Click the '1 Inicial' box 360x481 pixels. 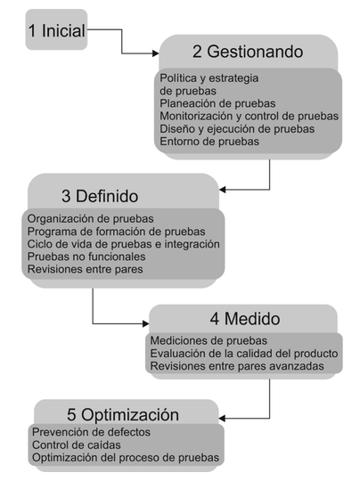pyautogui.click(x=56, y=29)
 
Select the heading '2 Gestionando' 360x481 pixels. pyautogui.click(x=248, y=52)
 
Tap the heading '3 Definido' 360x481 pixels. pyautogui.click(x=100, y=196)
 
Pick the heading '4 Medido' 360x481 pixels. pyautogui.click(x=245, y=319)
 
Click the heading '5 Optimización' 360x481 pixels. pyautogui.click(x=123, y=415)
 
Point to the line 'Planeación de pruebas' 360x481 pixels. pyautogui.click(x=217, y=103)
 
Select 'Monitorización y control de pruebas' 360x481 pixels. pyautogui.click(x=249, y=116)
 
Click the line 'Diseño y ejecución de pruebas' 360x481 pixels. pyautogui.click(x=237, y=129)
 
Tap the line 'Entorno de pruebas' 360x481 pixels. pyautogui.click(x=209, y=142)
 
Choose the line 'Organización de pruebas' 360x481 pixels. pyautogui.click(x=90, y=219)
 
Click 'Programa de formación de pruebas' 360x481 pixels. pyautogui.click(x=116, y=232)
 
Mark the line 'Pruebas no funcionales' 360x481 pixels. pyautogui.click(x=86, y=257)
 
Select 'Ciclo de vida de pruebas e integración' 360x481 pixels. pyautogui.click(x=123, y=244)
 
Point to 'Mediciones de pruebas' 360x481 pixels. pyautogui.click(x=209, y=340)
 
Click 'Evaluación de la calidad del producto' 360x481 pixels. pyautogui.click(x=243, y=354)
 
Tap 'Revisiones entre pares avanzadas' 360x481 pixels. pyautogui.click(x=237, y=366)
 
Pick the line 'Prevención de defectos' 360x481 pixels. pyautogui.click(x=91, y=432)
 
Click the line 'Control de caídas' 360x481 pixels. pyautogui.click(x=77, y=444)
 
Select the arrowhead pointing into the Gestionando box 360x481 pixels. pyautogui.click(x=156, y=53)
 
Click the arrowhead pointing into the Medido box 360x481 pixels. pyautogui.click(x=146, y=323)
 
